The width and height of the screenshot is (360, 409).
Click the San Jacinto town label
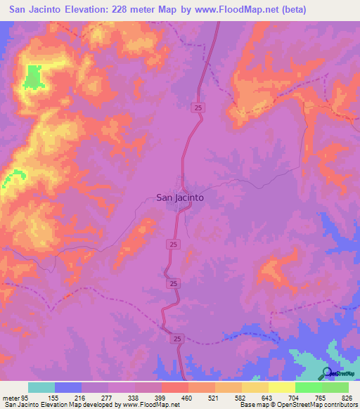point(179,198)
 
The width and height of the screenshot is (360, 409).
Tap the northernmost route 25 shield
point(198,107)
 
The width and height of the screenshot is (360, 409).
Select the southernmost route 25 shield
point(179,339)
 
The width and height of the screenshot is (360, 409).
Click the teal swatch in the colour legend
point(41,387)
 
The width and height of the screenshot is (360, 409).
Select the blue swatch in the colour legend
point(68,387)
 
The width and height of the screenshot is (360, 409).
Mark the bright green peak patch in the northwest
point(32,77)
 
